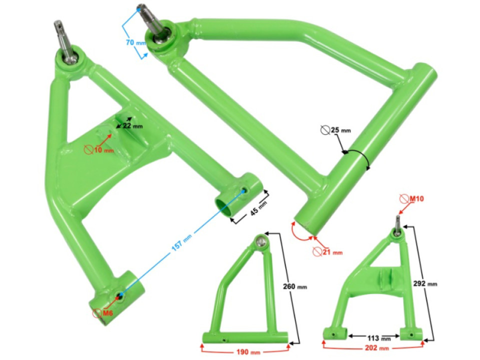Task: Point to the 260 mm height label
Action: [295, 286]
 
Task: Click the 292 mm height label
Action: [425, 284]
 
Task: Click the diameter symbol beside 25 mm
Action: [325, 130]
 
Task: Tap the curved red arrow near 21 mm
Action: [298, 233]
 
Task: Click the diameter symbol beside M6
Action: [96, 313]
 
